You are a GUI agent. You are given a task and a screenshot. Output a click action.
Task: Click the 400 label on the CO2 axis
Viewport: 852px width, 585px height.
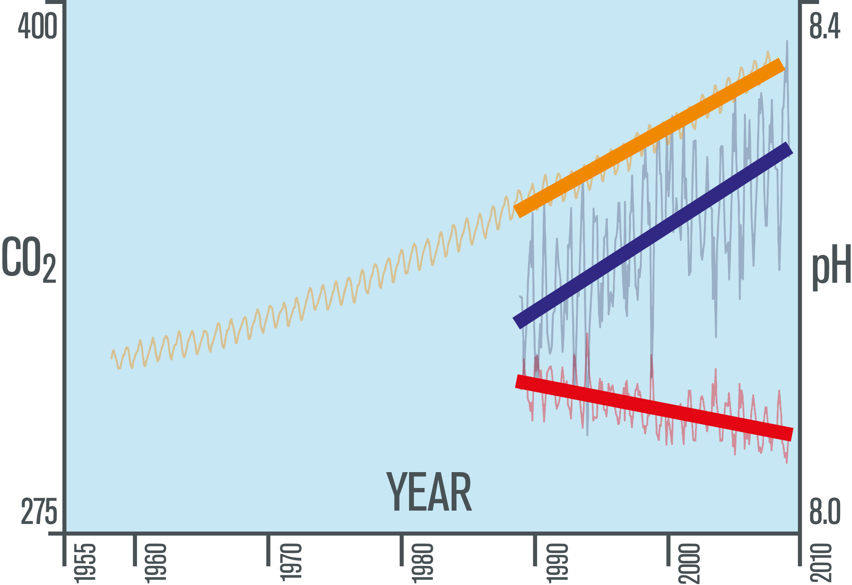38,26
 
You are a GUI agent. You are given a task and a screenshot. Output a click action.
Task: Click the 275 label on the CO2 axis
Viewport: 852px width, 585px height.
39,512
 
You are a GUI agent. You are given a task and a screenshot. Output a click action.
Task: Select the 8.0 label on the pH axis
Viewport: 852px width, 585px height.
825,512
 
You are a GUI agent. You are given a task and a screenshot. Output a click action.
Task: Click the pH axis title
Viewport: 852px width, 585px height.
830,268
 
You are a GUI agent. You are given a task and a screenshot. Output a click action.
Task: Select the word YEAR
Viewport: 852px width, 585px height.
429,492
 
